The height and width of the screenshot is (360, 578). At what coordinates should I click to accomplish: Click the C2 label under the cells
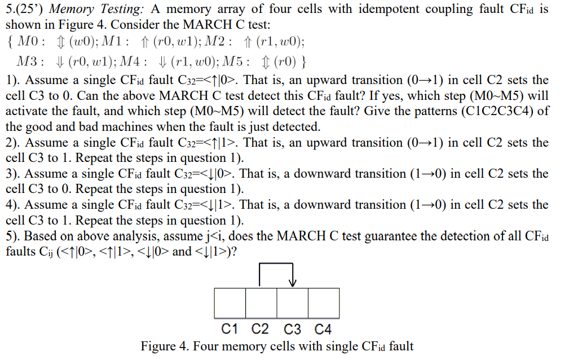click(261, 329)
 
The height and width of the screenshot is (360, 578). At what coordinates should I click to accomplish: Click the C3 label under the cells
click(292, 329)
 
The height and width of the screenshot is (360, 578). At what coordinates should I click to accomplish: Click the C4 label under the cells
click(323, 329)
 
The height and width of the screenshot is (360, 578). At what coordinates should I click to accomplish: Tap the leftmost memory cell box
click(230, 303)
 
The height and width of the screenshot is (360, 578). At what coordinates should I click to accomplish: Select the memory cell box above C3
click(292, 303)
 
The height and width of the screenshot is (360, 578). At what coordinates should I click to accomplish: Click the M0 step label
click(28, 42)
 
